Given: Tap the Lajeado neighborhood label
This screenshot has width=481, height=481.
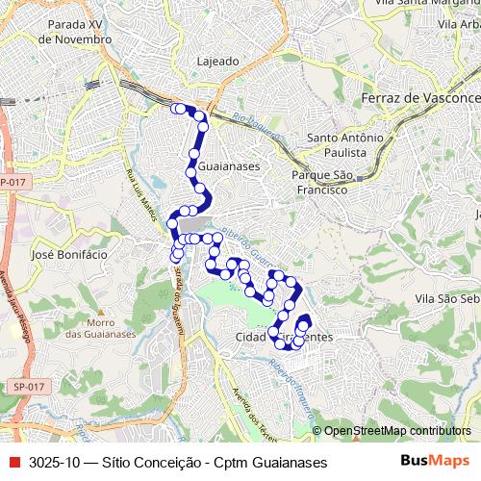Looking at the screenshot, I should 218,61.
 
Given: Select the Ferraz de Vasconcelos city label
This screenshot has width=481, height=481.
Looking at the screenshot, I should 419,99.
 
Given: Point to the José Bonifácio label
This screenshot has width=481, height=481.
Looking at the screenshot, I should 69,255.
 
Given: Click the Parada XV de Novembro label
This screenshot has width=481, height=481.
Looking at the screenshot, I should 69,32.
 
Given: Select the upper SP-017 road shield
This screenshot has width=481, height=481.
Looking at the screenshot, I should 13,182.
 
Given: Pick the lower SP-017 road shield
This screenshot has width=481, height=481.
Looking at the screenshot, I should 30,386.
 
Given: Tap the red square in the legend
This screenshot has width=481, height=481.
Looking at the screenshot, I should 12,463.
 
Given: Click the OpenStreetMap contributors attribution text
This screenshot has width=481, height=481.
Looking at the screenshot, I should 396,432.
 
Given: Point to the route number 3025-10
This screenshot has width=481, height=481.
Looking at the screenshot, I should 54,463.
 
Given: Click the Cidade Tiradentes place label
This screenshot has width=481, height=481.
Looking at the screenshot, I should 284,338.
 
